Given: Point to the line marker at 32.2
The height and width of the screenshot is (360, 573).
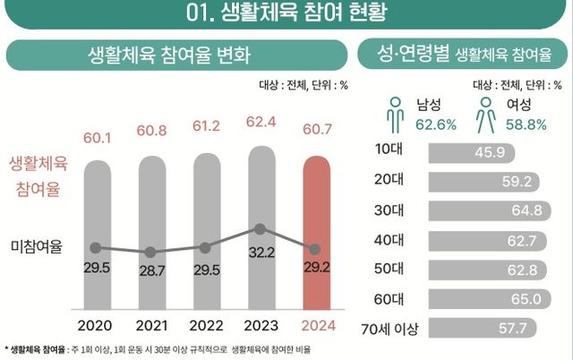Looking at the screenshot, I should pos(260,229).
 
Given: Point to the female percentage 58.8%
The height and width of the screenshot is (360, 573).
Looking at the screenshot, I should pos(526,124).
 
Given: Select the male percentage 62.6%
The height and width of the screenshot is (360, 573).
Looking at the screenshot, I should pos(436,124).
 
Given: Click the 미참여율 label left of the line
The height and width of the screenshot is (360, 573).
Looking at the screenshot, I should pos(37,247).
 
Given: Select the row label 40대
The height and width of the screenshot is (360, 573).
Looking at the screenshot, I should pos(388,241).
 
